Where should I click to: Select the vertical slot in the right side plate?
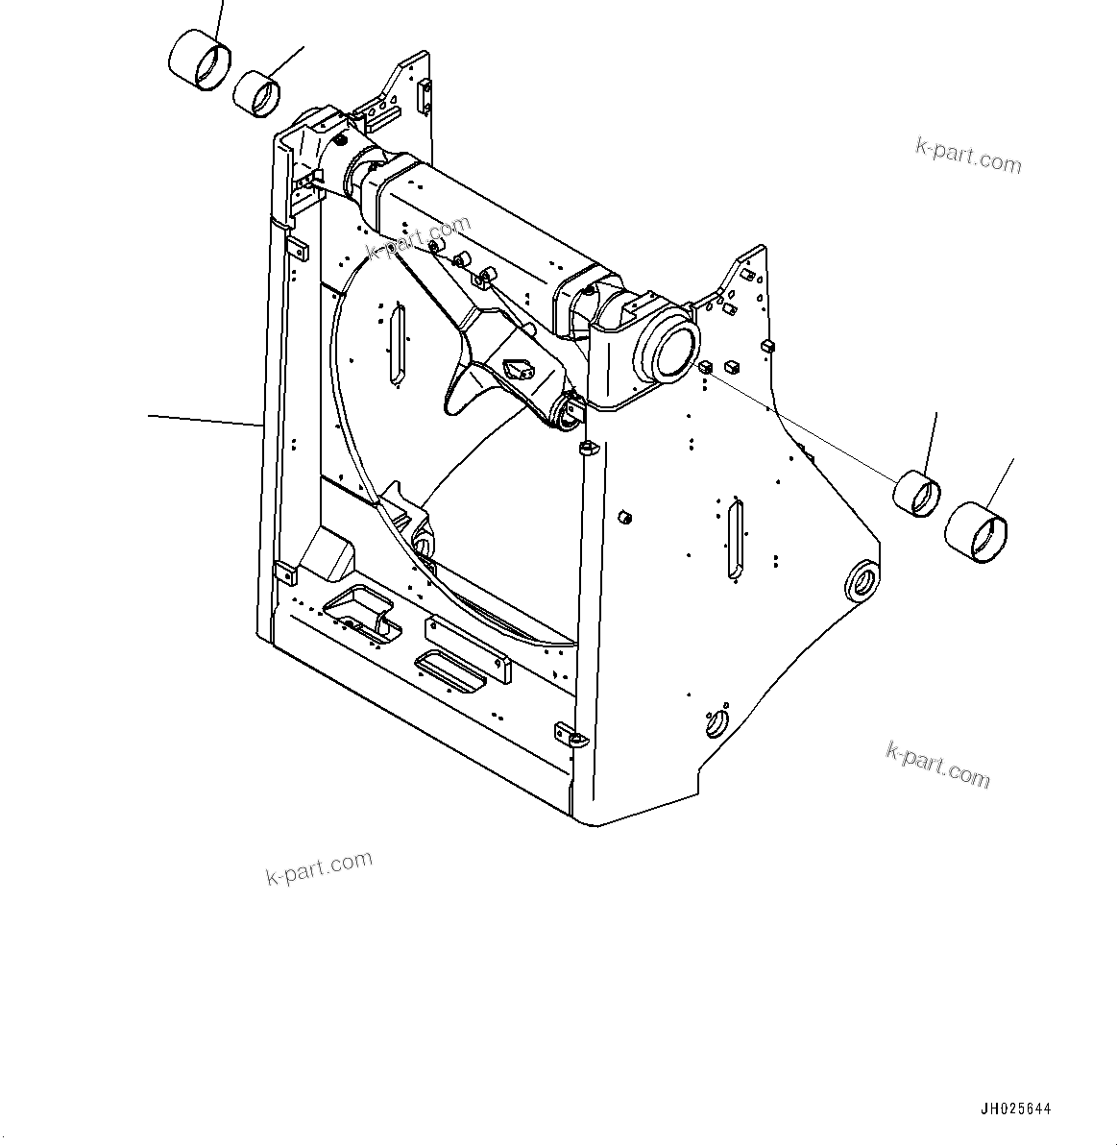tap(735, 540)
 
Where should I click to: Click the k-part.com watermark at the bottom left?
tap(319, 868)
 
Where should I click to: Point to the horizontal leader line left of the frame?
tap(205, 419)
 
